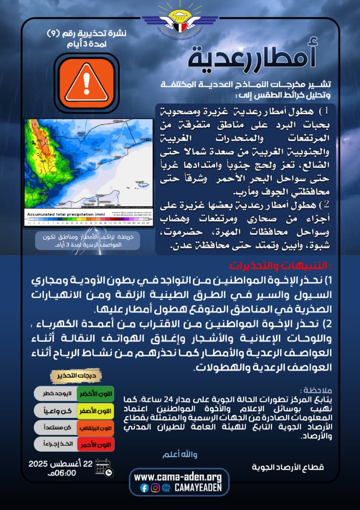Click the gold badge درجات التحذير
(76, 376)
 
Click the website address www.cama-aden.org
(178, 477)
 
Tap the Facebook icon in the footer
(144, 488)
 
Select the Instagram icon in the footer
(155, 488)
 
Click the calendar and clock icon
(103, 467)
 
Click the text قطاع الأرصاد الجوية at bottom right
(288, 467)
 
